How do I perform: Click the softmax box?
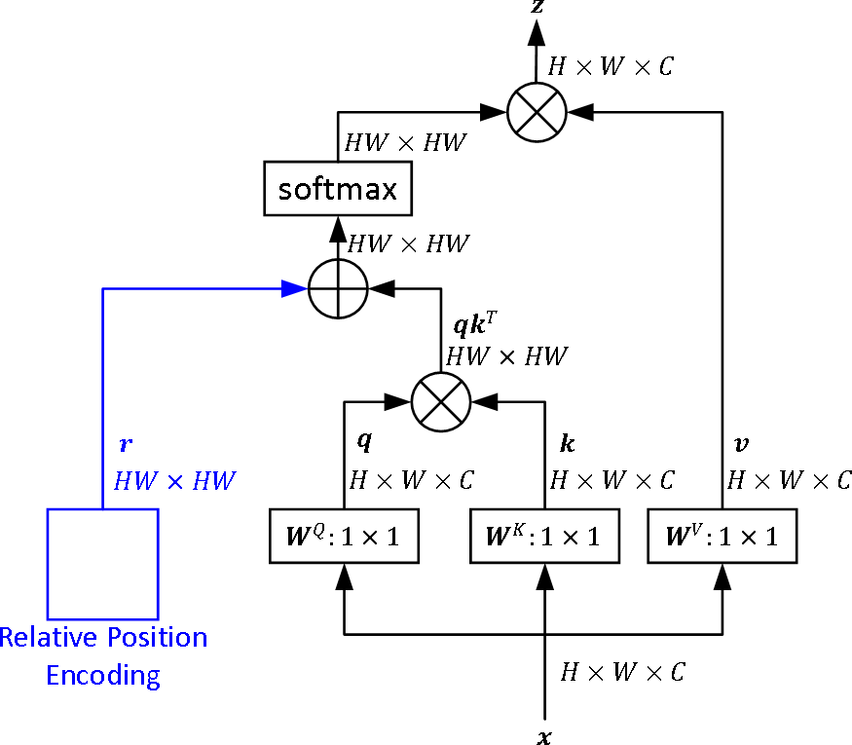click(338, 189)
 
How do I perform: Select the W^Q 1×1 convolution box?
click(344, 536)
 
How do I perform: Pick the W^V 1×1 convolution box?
click(722, 536)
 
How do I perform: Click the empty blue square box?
click(103, 564)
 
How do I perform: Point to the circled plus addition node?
click(338, 288)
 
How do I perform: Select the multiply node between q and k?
click(441, 400)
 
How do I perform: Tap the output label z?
click(537, 8)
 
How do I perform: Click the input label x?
click(544, 736)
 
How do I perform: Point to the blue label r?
click(126, 445)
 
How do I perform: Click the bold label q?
click(364, 442)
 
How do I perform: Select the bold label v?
click(740, 444)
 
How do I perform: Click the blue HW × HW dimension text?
click(175, 480)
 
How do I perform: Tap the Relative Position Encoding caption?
click(103, 656)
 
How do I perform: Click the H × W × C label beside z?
click(611, 66)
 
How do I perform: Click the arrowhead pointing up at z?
click(537, 32)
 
